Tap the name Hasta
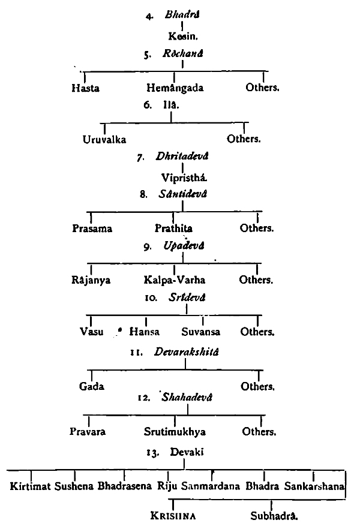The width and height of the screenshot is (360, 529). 85,88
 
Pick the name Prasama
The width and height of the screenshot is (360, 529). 92,229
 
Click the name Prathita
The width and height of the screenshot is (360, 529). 174,229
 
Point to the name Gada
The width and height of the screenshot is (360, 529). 92,386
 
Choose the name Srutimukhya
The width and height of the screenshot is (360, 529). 175,432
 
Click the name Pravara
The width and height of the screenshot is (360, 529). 89,432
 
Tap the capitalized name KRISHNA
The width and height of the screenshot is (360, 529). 174,515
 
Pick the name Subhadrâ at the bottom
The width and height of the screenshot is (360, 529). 274,515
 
